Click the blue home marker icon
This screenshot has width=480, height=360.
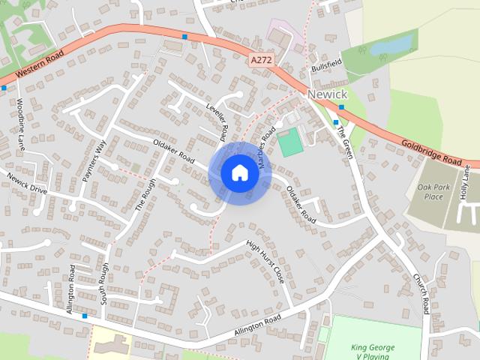[238, 173]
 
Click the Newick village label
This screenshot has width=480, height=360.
[327, 94]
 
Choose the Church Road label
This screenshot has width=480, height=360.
[420, 292]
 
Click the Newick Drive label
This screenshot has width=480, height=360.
[27, 184]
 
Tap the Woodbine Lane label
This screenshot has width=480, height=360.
[20, 122]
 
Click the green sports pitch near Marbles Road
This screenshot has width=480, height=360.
[290, 142]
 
